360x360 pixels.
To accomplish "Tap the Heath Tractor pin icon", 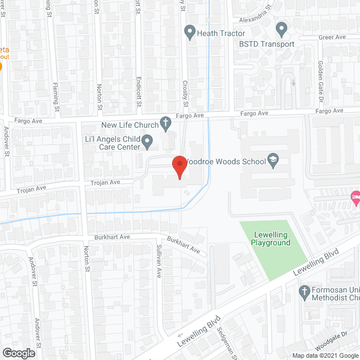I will pyautogui.click(x=190, y=33).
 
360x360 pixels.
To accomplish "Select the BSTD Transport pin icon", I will pyautogui.click(x=281, y=28).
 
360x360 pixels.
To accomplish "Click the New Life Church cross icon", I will pyautogui.click(x=165, y=122).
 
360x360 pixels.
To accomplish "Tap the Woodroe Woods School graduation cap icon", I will pyautogui.click(x=273, y=161).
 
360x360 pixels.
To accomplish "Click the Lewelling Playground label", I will pyautogui.click(x=271, y=238).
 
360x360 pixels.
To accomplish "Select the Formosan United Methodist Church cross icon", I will pyautogui.click(x=304, y=291).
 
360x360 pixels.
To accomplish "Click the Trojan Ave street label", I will pyautogui.click(x=107, y=183).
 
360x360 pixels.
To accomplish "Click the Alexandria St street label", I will pyautogui.click(x=253, y=12).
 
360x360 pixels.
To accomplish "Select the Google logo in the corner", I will pyautogui.click(x=18, y=353).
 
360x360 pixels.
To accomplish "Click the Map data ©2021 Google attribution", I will pyautogui.click(x=324, y=355).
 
